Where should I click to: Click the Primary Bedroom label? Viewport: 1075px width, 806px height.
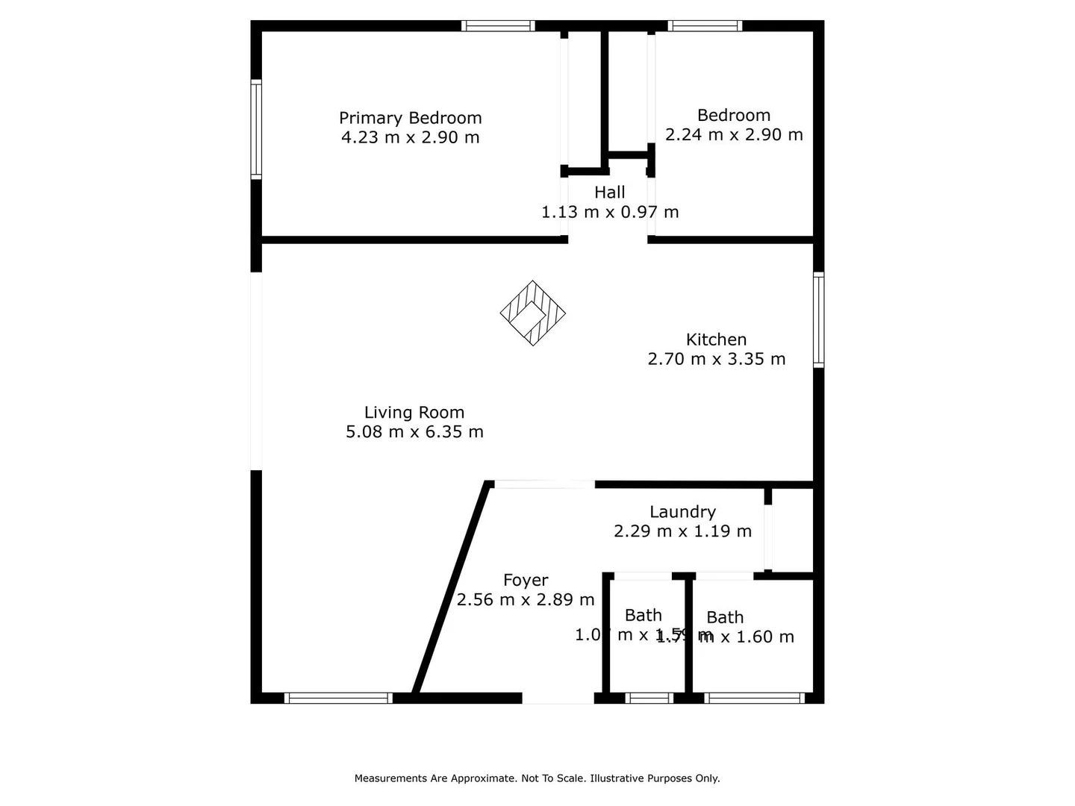[x=410, y=118]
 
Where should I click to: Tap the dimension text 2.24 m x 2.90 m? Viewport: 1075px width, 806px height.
[x=734, y=135]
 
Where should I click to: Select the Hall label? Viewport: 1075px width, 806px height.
[x=609, y=193]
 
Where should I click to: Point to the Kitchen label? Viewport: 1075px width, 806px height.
[x=716, y=340]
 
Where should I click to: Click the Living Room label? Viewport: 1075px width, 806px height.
[x=414, y=413]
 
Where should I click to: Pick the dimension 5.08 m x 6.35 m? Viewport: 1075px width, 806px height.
[x=414, y=432]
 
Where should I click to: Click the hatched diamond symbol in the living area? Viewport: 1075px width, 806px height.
[x=532, y=313]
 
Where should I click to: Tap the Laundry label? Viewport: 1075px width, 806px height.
[x=682, y=512]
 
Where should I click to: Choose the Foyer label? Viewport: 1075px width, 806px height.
[x=526, y=581]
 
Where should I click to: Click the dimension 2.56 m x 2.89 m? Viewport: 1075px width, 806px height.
[x=526, y=600]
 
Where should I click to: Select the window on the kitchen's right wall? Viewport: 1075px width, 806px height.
[x=818, y=319]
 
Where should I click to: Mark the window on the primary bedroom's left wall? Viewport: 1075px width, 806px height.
[x=256, y=129]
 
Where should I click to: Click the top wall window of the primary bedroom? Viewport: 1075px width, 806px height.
[x=498, y=26]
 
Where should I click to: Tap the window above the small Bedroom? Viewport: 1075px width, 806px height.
[x=705, y=26]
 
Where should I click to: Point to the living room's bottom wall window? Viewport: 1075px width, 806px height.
[x=338, y=699]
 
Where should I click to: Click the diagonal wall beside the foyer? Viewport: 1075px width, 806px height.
[x=452, y=590]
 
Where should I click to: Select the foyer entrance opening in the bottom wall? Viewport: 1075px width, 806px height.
[x=558, y=699]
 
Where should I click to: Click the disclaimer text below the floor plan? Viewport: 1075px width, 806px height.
[x=537, y=778]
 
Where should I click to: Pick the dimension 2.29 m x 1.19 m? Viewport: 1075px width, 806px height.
[x=682, y=531]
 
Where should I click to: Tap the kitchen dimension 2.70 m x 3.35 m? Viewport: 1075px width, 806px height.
[x=716, y=359]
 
